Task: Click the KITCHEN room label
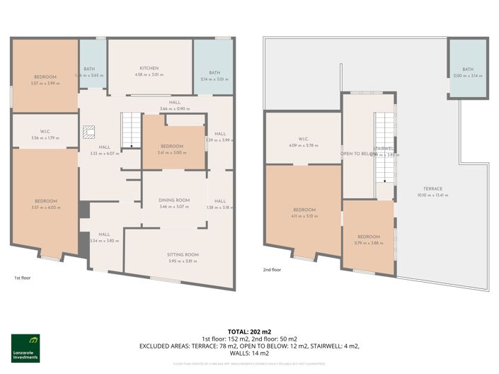click(x=149, y=68)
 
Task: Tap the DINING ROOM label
click(x=173, y=200)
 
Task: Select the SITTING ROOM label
click(x=183, y=254)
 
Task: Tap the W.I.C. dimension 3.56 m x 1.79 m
click(x=45, y=138)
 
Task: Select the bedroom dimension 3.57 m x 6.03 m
click(x=46, y=208)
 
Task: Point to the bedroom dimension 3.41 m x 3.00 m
click(x=172, y=152)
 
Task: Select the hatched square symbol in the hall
click(x=88, y=132)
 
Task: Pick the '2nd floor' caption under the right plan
click(x=272, y=270)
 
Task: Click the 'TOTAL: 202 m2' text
click(x=248, y=331)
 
